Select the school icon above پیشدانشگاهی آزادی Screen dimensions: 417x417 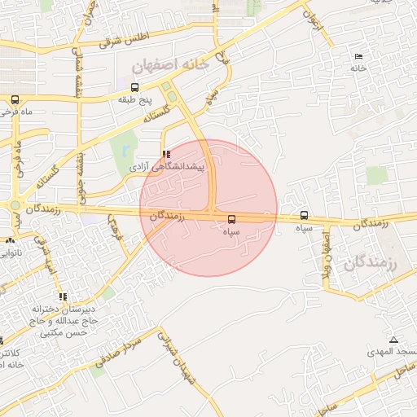(x=167, y=153)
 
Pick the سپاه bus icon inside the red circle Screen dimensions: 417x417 (x=232, y=219)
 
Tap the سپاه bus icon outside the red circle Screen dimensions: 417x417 (x=304, y=216)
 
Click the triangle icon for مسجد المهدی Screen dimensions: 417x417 (x=394, y=339)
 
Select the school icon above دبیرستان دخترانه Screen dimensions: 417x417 (x=63, y=296)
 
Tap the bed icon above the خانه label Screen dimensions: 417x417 (x=358, y=56)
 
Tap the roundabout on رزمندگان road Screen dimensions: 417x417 (x=15, y=205)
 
